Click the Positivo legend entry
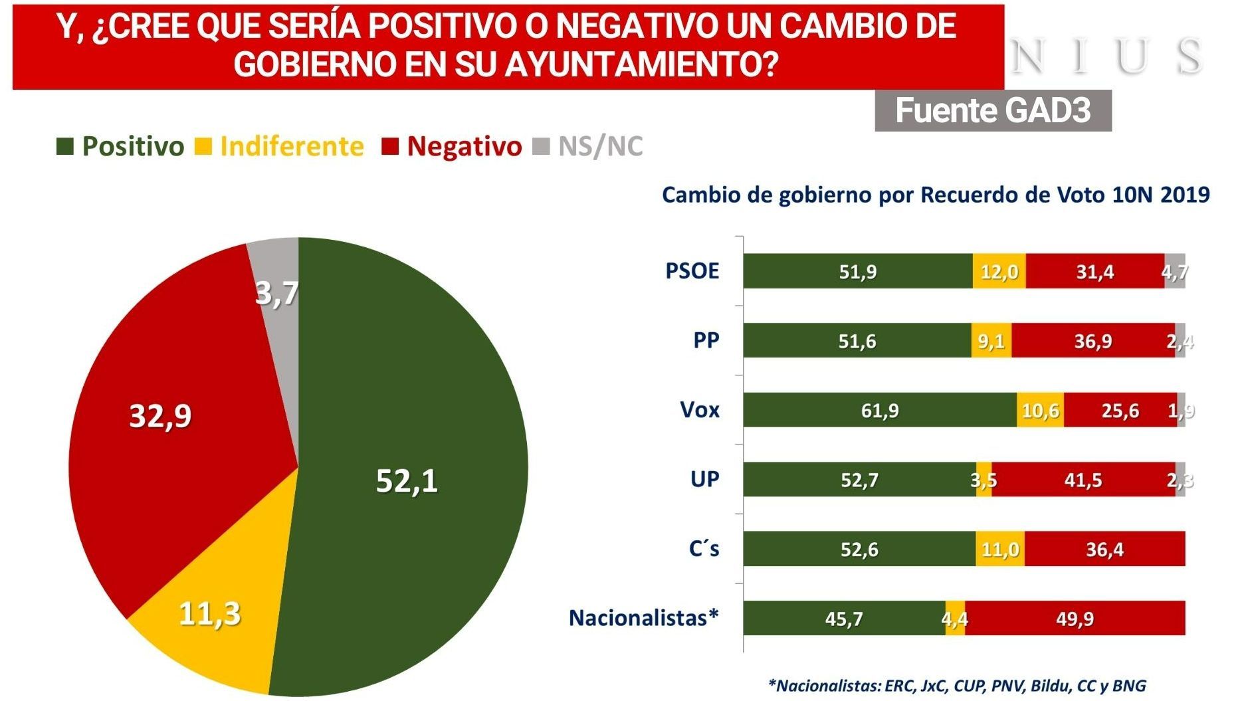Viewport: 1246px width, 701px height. [x=120, y=146]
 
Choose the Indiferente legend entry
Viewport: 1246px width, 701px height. [x=280, y=146]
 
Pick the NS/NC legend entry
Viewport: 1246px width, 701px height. [x=589, y=146]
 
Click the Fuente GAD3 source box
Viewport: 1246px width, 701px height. [x=993, y=110]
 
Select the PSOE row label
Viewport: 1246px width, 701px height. [x=692, y=271]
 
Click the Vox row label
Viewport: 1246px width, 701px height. [x=700, y=410]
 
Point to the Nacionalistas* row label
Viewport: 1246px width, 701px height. [x=643, y=618]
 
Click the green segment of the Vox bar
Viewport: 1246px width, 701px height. [x=880, y=410]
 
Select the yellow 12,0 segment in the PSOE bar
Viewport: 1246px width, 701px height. [x=999, y=271]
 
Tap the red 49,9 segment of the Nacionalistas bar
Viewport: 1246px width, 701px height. [x=1075, y=618]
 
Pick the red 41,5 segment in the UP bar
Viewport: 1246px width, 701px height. [x=1083, y=480]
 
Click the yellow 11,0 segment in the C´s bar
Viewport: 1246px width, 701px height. [x=999, y=549]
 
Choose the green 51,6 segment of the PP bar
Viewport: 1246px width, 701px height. [x=857, y=341]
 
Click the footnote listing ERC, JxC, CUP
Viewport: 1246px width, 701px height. [x=957, y=685]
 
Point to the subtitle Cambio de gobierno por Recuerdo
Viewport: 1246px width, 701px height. [x=936, y=195]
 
